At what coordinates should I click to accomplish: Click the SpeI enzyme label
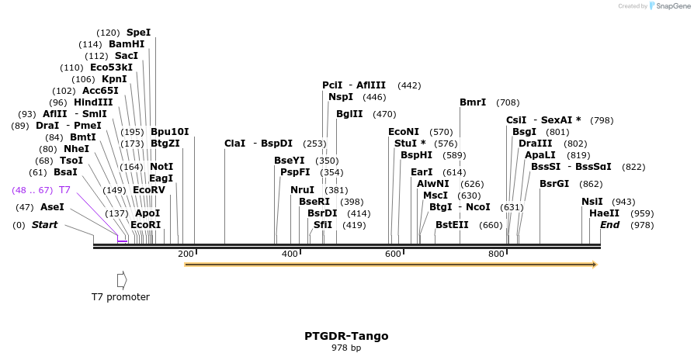coord(138,33)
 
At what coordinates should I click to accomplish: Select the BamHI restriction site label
coord(127,44)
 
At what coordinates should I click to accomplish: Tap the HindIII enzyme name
coord(93,102)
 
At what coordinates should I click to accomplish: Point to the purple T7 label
coord(65,190)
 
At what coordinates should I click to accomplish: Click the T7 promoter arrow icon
coord(121,279)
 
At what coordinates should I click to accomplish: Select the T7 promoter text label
coord(120,296)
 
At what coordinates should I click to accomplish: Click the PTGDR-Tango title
coord(346,336)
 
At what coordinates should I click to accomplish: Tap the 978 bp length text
coord(346,348)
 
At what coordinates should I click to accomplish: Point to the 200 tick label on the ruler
coord(186,254)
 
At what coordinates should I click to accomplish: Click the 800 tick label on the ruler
coord(496,254)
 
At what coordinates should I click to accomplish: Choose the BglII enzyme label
coord(349,114)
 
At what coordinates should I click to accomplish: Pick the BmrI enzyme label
coord(473,102)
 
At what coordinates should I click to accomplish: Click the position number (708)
coord(508,102)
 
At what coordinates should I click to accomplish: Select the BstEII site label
coord(452,225)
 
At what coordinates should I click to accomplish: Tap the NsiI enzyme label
coord(592,202)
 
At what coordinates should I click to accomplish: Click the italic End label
coord(609,225)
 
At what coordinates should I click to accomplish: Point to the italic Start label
coord(44,225)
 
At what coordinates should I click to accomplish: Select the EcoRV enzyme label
coord(149,190)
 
